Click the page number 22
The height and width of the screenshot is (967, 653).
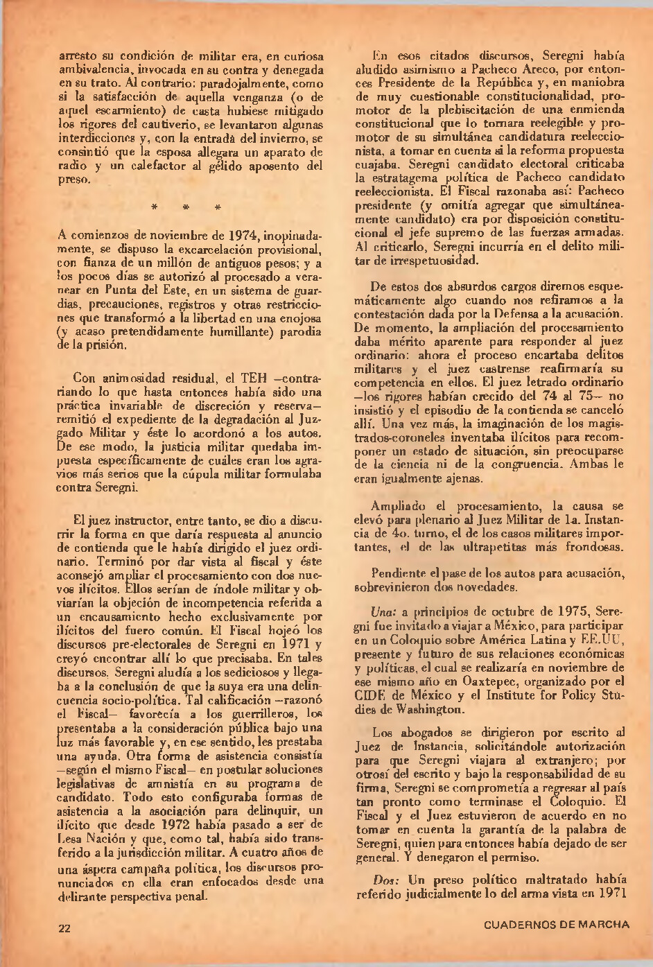coord(64,928)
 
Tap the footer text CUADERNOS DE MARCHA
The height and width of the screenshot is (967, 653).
coord(557,924)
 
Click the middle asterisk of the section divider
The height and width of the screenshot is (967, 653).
coord(186,207)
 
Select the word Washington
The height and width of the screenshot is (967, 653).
coord(426,709)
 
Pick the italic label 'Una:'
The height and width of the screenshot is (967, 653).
coord(383,612)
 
